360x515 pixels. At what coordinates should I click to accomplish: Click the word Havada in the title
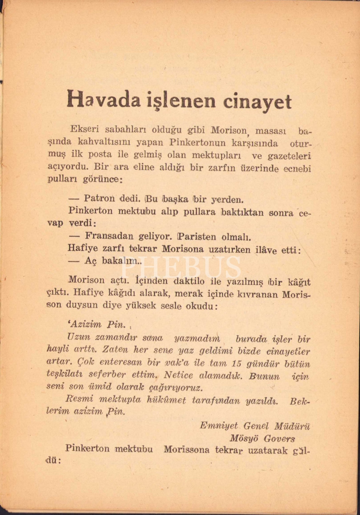tap(103, 100)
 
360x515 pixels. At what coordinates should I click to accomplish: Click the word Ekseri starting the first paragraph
tap(84, 129)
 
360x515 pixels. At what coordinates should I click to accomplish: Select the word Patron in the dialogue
tap(100, 198)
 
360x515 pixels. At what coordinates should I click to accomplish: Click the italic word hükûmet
tap(166, 400)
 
